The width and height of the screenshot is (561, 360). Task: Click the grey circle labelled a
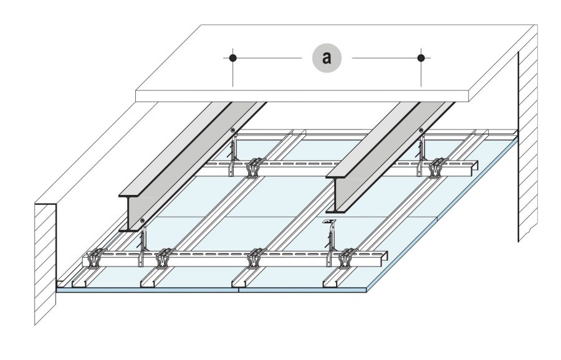pyautogui.click(x=327, y=58)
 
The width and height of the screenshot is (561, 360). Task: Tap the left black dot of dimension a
pyautogui.click(x=233, y=58)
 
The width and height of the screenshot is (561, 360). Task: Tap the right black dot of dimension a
pyautogui.click(x=421, y=58)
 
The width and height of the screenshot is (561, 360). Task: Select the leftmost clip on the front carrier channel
pyautogui.click(x=95, y=257)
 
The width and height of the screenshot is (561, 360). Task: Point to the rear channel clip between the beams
pyautogui.click(x=254, y=167)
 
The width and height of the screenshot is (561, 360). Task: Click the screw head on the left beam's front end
pyautogui.click(x=143, y=221)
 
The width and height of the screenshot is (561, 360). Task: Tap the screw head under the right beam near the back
pyautogui.click(x=422, y=130)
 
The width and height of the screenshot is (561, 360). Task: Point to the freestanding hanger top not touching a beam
pyautogui.click(x=325, y=222)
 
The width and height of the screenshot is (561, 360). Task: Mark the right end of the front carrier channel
pyautogui.click(x=386, y=257)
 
